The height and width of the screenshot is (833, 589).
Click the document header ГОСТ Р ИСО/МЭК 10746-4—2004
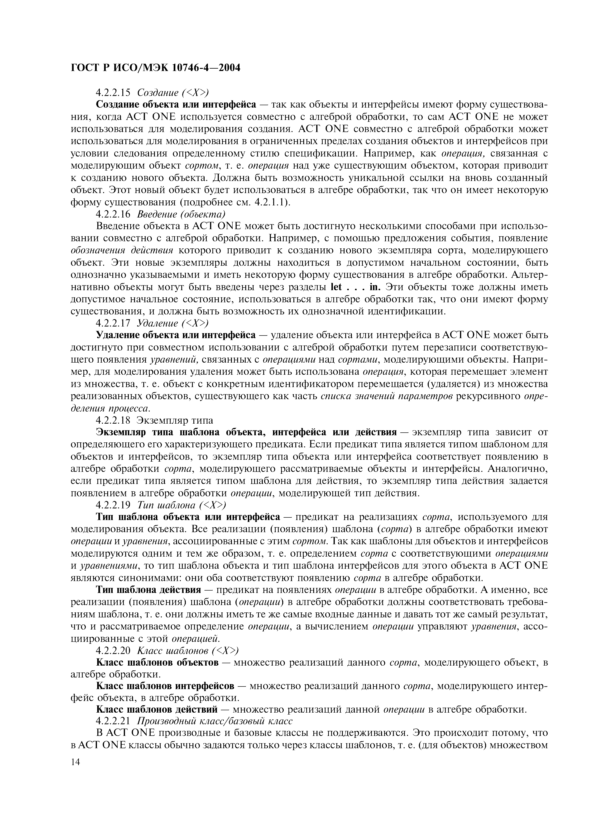[155, 68]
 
